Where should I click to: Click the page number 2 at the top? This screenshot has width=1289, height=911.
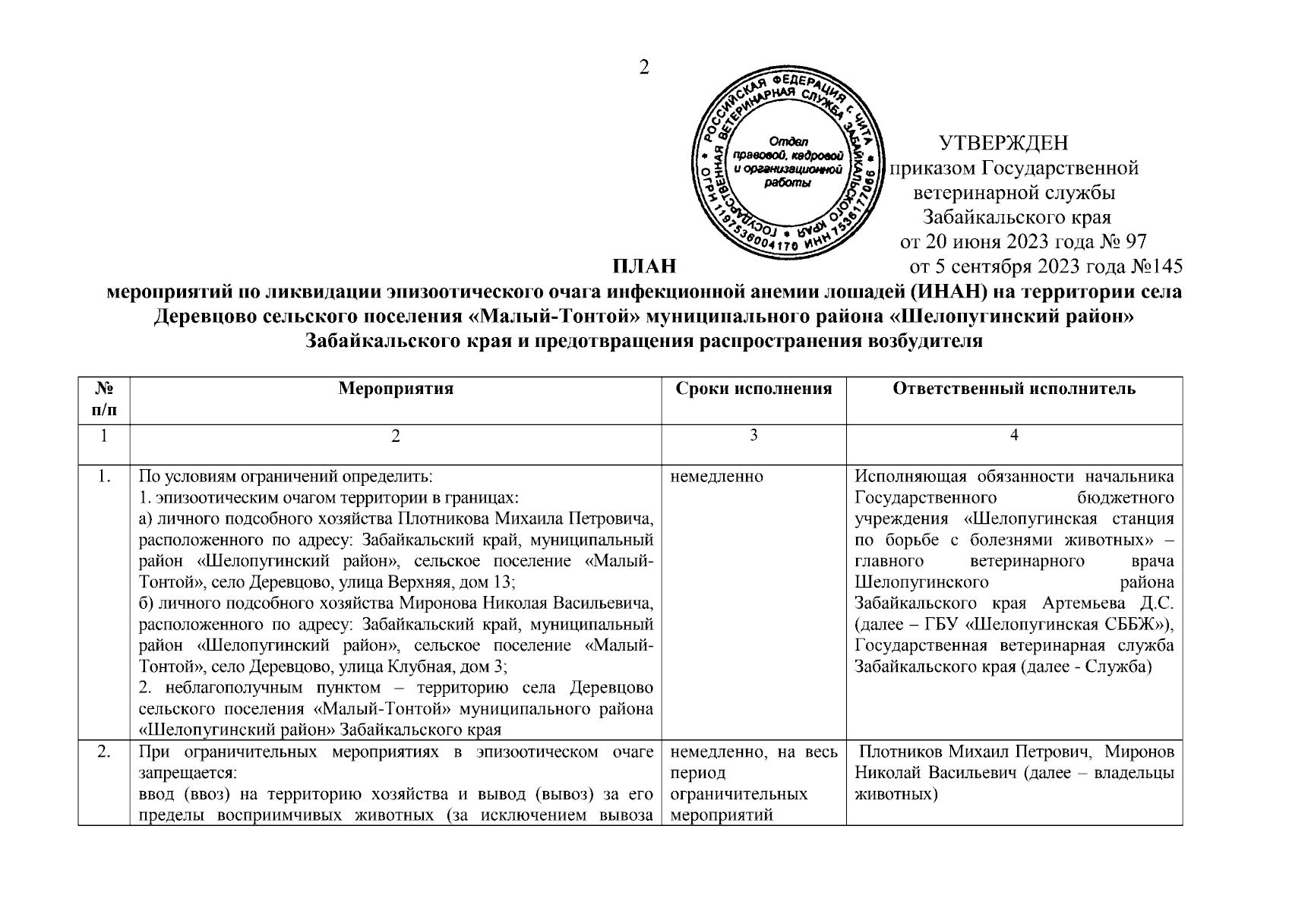644,68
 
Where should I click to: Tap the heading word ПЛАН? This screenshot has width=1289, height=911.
644,267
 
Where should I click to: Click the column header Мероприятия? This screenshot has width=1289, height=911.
395,389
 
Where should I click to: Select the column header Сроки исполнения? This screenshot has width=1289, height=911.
753,389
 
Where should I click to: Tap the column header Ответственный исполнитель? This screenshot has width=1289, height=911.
1014,389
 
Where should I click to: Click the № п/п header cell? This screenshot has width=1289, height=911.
104,399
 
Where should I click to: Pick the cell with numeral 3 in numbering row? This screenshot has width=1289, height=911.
753,436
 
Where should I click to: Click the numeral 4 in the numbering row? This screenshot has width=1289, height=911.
1014,436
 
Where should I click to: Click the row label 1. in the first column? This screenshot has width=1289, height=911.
104,478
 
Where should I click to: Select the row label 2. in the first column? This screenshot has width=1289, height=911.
104,753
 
